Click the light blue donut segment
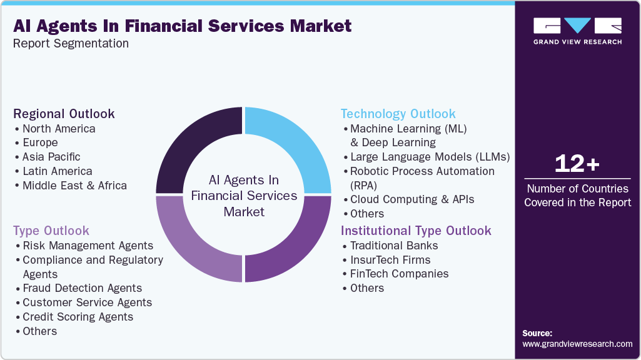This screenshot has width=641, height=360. [294, 144]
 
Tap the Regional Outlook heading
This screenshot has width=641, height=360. [64, 114]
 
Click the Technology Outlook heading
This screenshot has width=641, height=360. [398, 114]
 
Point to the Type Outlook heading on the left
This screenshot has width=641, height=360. [51, 231]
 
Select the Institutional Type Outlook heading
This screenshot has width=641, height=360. [416, 231]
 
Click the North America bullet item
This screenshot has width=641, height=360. [59, 129]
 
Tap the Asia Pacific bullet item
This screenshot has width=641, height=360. [51, 157]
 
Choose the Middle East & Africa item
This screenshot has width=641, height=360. [74, 186]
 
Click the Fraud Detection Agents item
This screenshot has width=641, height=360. [82, 288]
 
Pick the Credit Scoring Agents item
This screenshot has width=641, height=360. [78, 317]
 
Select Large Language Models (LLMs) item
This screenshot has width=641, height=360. [430, 157]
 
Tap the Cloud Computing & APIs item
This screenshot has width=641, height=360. [412, 199]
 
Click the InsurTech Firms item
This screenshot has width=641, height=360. [390, 260]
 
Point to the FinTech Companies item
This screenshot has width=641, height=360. [399, 274]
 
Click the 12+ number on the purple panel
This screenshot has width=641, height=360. [577, 164]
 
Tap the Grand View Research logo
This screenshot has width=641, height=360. [577, 31]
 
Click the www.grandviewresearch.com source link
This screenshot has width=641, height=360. [577, 344]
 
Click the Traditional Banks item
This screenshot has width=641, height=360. [394, 246]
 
